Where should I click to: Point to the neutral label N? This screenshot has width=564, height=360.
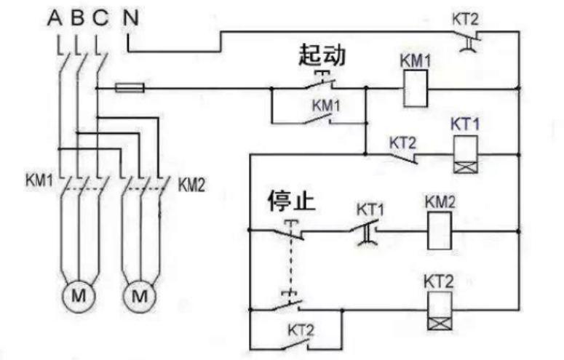point(130,17)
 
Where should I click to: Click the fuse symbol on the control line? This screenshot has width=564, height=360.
point(131,89)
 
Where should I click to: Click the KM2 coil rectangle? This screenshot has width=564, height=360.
point(440,231)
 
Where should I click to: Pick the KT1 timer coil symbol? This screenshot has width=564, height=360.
point(464,153)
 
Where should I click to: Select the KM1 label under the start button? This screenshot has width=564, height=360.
point(326,105)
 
